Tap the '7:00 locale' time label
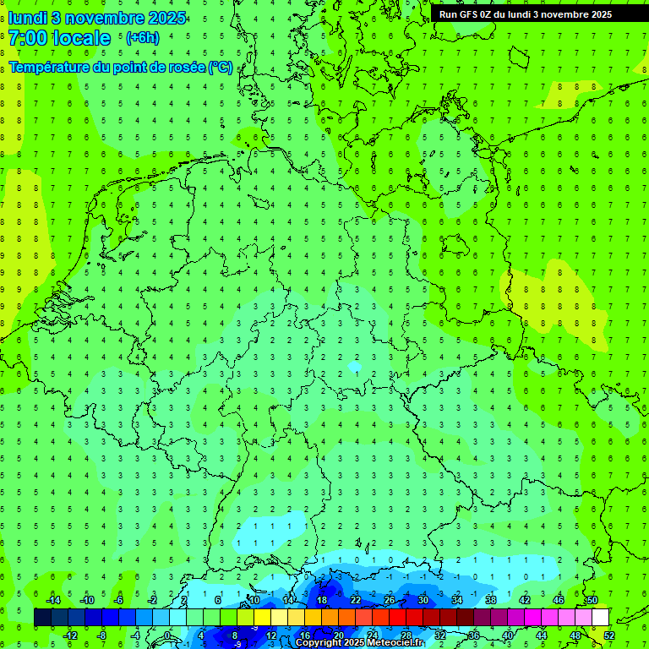[x=59, y=38]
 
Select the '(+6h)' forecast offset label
[x=142, y=38]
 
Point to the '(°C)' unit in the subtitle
[x=221, y=68]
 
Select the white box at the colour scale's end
[x=600, y=618]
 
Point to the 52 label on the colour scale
[x=609, y=635]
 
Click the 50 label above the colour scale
[x=592, y=600]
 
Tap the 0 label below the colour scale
[x=167, y=635]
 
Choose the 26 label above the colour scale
[x=389, y=600]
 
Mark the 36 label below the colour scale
[x=473, y=635]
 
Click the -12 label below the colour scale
[x=71, y=635]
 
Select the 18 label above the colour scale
[x=321, y=600]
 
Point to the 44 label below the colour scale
[x=541, y=635]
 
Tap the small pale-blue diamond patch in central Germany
[x=355, y=367]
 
